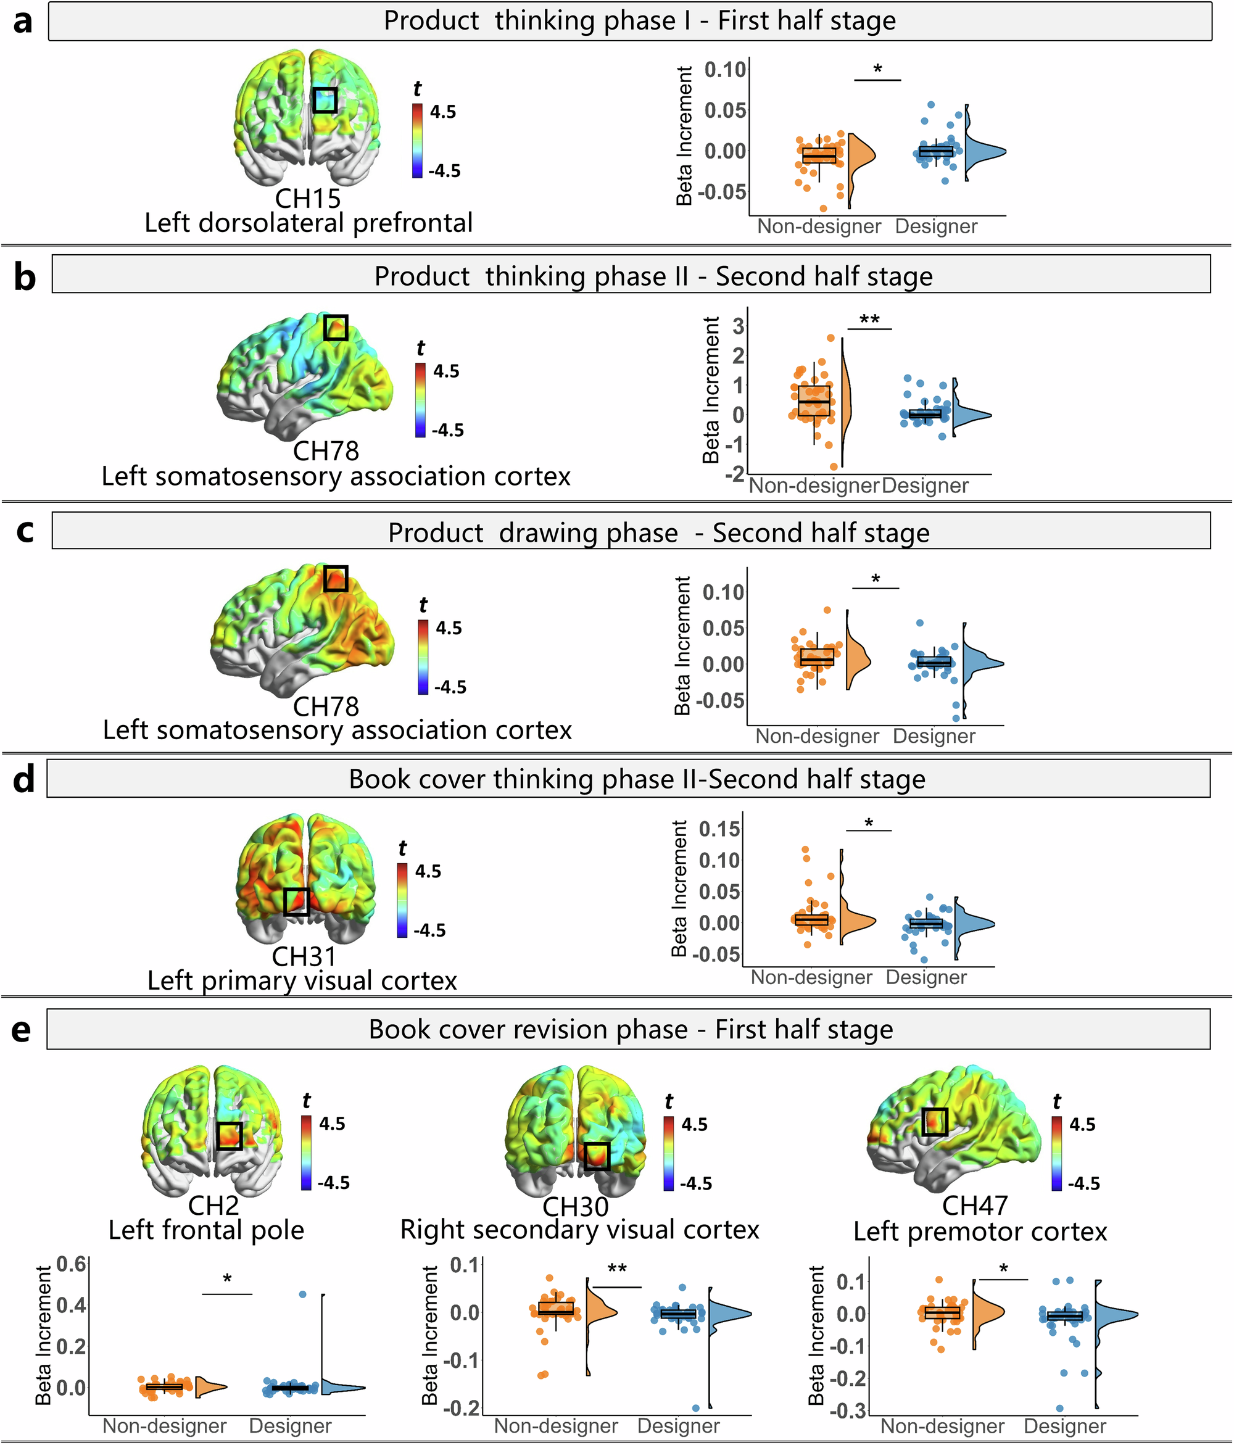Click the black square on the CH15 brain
tap(325, 100)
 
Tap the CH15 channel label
tap(308, 199)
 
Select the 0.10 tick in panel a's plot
tap(725, 70)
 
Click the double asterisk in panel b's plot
tap(869, 320)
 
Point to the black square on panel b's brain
tap(336, 327)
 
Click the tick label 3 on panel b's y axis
tap(737, 326)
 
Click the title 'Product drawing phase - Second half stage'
tap(658, 533)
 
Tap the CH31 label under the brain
tap(304, 957)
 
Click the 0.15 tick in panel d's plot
tap(719, 829)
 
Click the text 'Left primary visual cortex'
tap(302, 980)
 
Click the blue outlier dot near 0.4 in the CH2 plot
tap(303, 1294)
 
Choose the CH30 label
tap(576, 1206)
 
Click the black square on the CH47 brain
tap(935, 1122)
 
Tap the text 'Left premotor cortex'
tap(980, 1232)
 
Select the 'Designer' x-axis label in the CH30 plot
tap(678, 1426)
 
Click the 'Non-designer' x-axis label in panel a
tap(819, 226)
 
